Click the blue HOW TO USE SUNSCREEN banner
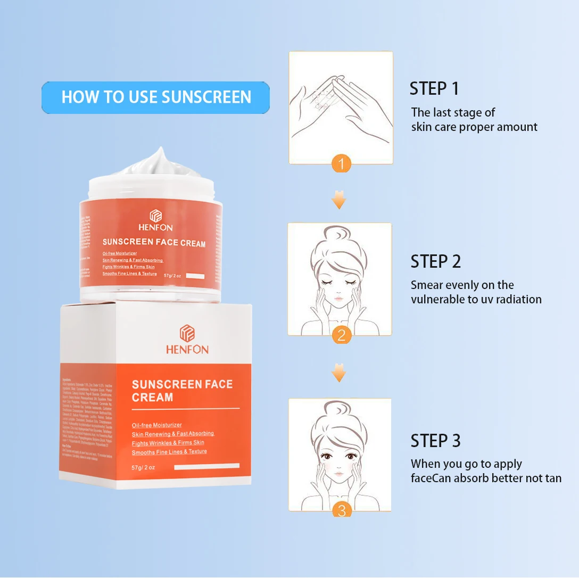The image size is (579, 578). pyautogui.click(x=155, y=97)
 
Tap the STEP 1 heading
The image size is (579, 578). pyautogui.click(x=434, y=88)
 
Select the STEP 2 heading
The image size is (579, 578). pyautogui.click(x=435, y=261)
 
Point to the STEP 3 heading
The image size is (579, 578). pyautogui.click(x=435, y=441)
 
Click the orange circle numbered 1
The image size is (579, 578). pyautogui.click(x=341, y=163)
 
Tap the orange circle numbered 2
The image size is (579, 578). pyautogui.click(x=341, y=335)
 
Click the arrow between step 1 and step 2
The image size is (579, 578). pyautogui.click(x=338, y=200)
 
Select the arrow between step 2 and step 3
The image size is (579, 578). pyautogui.click(x=338, y=373)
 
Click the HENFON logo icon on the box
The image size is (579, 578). pyautogui.click(x=187, y=333)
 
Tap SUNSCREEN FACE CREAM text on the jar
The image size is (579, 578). pyautogui.click(x=154, y=243)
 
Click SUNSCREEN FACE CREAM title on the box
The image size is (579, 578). pyautogui.click(x=181, y=391)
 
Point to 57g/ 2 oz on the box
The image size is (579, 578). pyautogui.click(x=143, y=467)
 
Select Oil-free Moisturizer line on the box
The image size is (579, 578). pyautogui.click(x=157, y=425)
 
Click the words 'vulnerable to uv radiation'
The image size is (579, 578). pyautogui.click(x=476, y=300)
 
